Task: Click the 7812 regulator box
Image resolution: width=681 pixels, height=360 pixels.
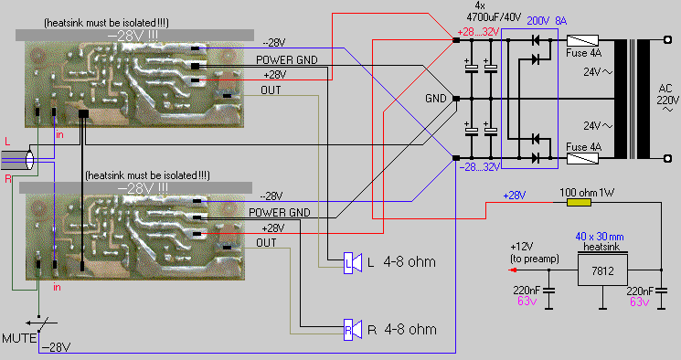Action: pos(602,270)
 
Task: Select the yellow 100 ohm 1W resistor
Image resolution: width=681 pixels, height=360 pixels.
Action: pos(579,202)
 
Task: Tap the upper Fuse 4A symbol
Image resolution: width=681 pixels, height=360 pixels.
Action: pos(583,40)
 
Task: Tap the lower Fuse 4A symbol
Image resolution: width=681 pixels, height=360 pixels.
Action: pos(583,158)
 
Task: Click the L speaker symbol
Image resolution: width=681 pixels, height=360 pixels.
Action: pos(353,263)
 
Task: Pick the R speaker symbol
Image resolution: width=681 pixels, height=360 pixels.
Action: pos(353,330)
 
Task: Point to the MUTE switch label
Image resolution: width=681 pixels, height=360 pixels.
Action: pos(19,338)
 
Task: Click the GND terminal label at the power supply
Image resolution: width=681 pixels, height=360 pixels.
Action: pos(436,99)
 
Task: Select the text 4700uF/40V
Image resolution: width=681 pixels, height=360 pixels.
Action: pos(494,17)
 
